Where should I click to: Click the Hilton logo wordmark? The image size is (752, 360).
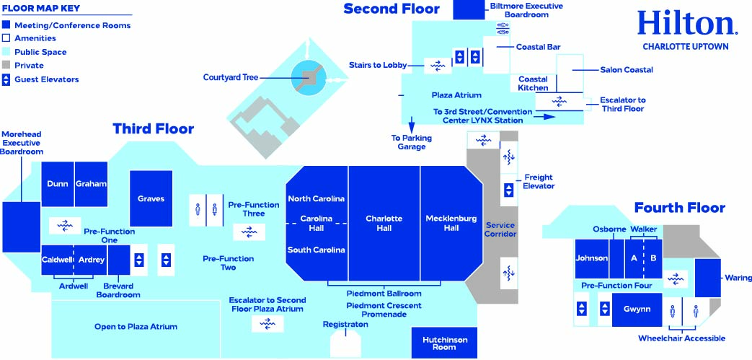coord(686,23)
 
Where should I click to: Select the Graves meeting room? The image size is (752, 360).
coord(151,198)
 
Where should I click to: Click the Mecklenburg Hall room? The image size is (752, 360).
coord(451,223)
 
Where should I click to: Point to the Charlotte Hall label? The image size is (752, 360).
coord(384,223)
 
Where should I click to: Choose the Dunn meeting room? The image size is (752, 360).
coord(58,184)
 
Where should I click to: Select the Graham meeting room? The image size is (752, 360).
coord(91,184)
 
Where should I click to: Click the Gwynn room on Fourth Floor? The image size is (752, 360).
coord(637,309)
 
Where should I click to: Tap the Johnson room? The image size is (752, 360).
coord(591,258)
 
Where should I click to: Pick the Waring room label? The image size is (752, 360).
coord(738,278)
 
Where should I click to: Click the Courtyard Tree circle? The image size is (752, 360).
coord(309,77)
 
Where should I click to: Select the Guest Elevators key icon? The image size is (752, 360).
coord(6,79)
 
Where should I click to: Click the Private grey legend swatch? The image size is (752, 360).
coord(6,66)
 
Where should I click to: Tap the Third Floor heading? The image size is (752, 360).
coord(153,129)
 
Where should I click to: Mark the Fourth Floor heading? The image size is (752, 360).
coord(679,208)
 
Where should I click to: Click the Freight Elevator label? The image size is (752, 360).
coord(539,181)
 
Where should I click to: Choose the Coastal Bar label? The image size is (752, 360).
coord(538,48)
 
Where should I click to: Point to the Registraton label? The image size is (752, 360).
coord(345,325)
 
